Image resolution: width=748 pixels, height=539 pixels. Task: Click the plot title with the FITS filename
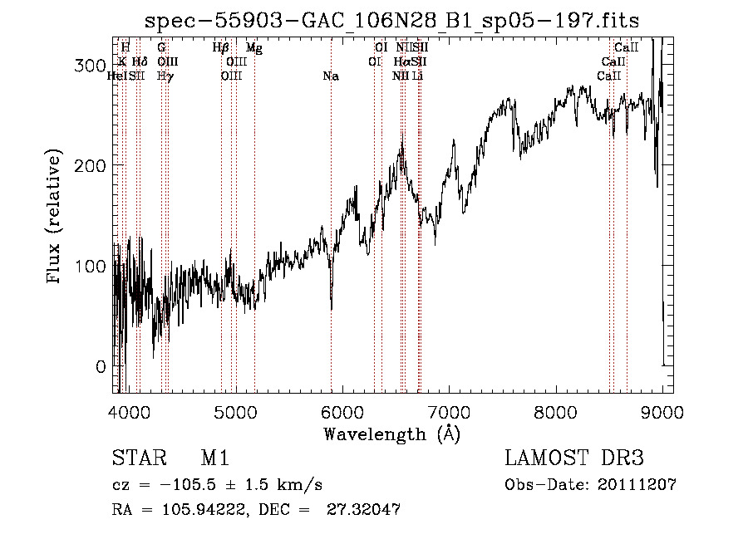click(392, 21)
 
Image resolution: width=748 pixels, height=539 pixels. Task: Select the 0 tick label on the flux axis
click(100, 366)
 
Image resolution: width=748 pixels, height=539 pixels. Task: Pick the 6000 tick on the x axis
click(342, 411)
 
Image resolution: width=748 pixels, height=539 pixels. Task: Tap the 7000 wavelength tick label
click(450, 411)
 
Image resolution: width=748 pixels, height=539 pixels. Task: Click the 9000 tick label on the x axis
click(662, 411)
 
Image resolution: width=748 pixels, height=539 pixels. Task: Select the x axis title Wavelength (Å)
click(391, 434)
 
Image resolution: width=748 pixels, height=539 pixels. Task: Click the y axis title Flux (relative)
click(56, 218)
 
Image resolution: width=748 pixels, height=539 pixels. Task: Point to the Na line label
click(331, 76)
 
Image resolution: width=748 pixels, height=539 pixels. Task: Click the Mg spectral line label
click(254, 49)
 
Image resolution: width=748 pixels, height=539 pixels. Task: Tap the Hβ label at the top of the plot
click(220, 49)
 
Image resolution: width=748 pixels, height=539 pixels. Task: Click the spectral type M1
click(214, 458)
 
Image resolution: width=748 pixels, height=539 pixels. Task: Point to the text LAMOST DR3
click(574, 458)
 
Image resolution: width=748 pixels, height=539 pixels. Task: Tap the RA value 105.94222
click(196, 510)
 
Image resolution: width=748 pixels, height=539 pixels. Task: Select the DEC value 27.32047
click(367, 510)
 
